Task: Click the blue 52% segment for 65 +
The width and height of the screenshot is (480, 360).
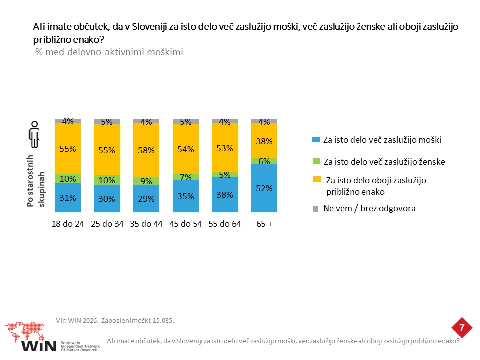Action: click(x=264, y=188)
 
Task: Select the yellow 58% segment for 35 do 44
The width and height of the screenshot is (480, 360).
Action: click(x=146, y=150)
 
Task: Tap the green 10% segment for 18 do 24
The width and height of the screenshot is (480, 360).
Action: click(x=68, y=179)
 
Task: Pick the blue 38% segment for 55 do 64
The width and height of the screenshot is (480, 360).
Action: click(x=225, y=194)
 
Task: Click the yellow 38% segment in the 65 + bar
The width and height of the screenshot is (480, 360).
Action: click(x=264, y=141)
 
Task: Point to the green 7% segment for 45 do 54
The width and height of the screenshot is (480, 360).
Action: click(x=186, y=177)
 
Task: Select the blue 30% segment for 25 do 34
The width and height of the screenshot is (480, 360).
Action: click(x=107, y=198)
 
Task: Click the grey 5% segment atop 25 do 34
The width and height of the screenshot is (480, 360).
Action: click(x=107, y=122)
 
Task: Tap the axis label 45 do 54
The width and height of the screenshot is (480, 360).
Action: click(x=186, y=224)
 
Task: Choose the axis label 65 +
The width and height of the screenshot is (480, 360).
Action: click(x=264, y=224)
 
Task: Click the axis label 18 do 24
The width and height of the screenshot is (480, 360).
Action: click(x=68, y=224)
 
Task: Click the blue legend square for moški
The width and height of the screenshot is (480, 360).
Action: click(x=316, y=140)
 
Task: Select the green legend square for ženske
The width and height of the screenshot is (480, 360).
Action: click(x=316, y=161)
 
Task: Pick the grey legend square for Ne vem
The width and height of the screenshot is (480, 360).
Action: click(x=315, y=209)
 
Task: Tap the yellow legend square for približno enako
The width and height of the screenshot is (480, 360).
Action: click(x=317, y=179)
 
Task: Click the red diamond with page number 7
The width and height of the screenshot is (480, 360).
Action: click(x=462, y=328)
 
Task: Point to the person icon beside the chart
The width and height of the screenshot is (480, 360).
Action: click(x=34, y=134)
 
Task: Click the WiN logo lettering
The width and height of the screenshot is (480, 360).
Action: click(x=39, y=346)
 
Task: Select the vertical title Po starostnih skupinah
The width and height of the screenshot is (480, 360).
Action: click(x=36, y=181)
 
